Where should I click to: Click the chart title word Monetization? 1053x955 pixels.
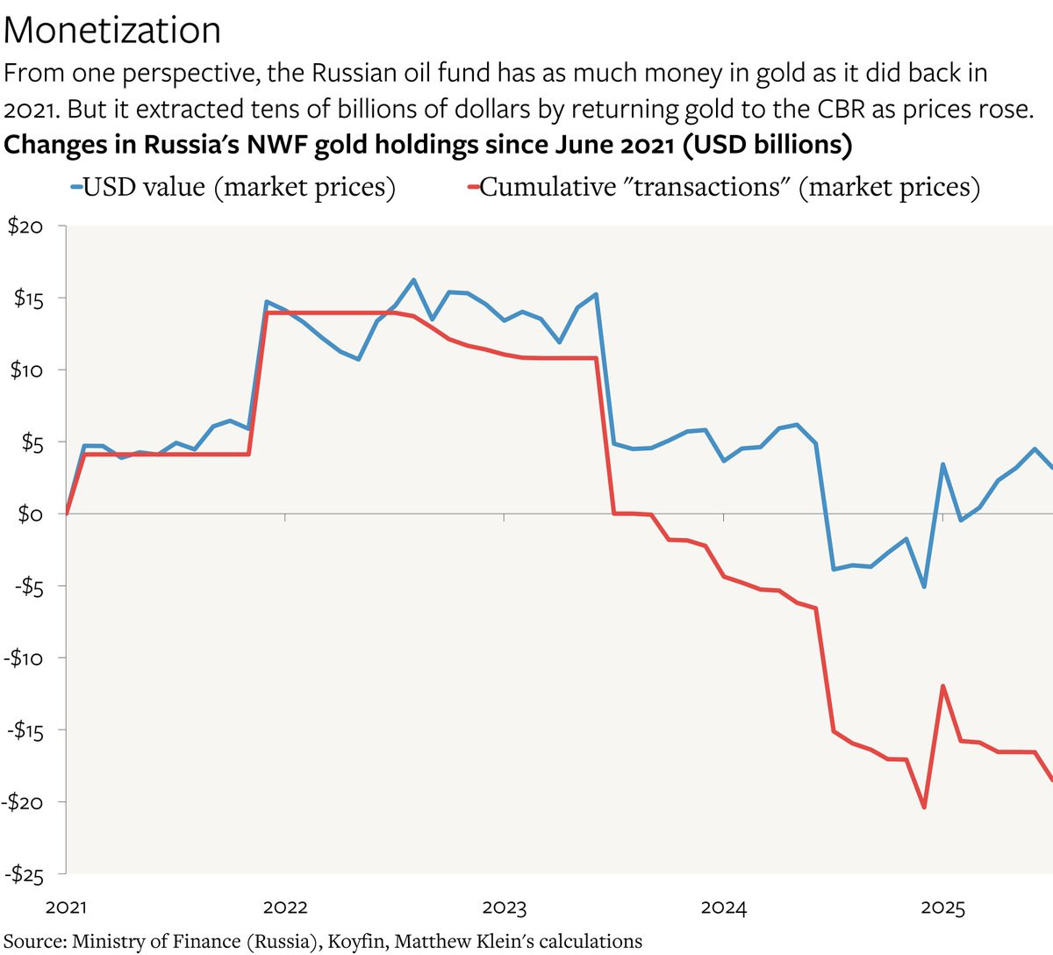112,31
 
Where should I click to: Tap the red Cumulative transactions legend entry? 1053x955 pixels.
723,187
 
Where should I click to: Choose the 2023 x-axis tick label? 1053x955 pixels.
505,908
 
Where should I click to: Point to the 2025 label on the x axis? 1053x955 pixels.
942,908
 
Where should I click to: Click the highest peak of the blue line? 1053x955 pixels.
413,280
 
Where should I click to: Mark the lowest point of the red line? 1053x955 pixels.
924,807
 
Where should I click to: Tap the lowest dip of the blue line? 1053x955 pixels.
924,586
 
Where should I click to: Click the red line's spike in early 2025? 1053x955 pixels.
942,686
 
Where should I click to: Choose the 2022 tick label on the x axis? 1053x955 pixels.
285,908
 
